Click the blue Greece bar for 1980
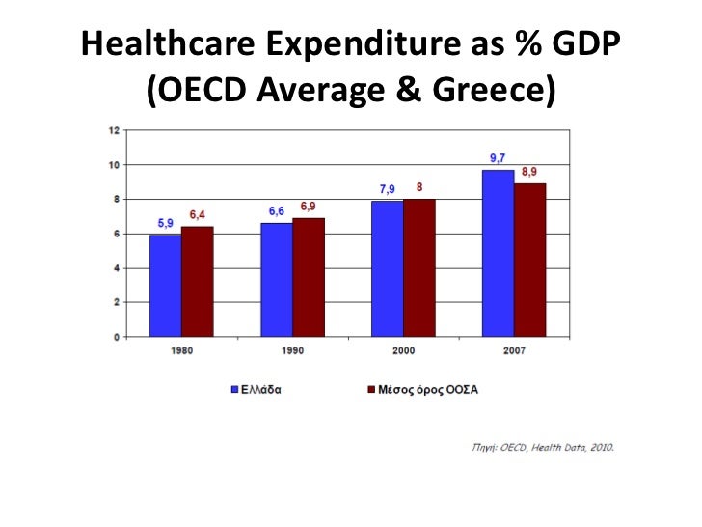[x=166, y=286]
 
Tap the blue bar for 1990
[x=277, y=280]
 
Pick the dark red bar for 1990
[x=309, y=278]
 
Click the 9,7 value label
[x=499, y=158]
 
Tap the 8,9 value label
[x=530, y=171]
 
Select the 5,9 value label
[x=166, y=223]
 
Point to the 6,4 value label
[x=197, y=214]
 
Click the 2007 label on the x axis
[x=514, y=351]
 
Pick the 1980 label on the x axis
[x=181, y=351]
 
